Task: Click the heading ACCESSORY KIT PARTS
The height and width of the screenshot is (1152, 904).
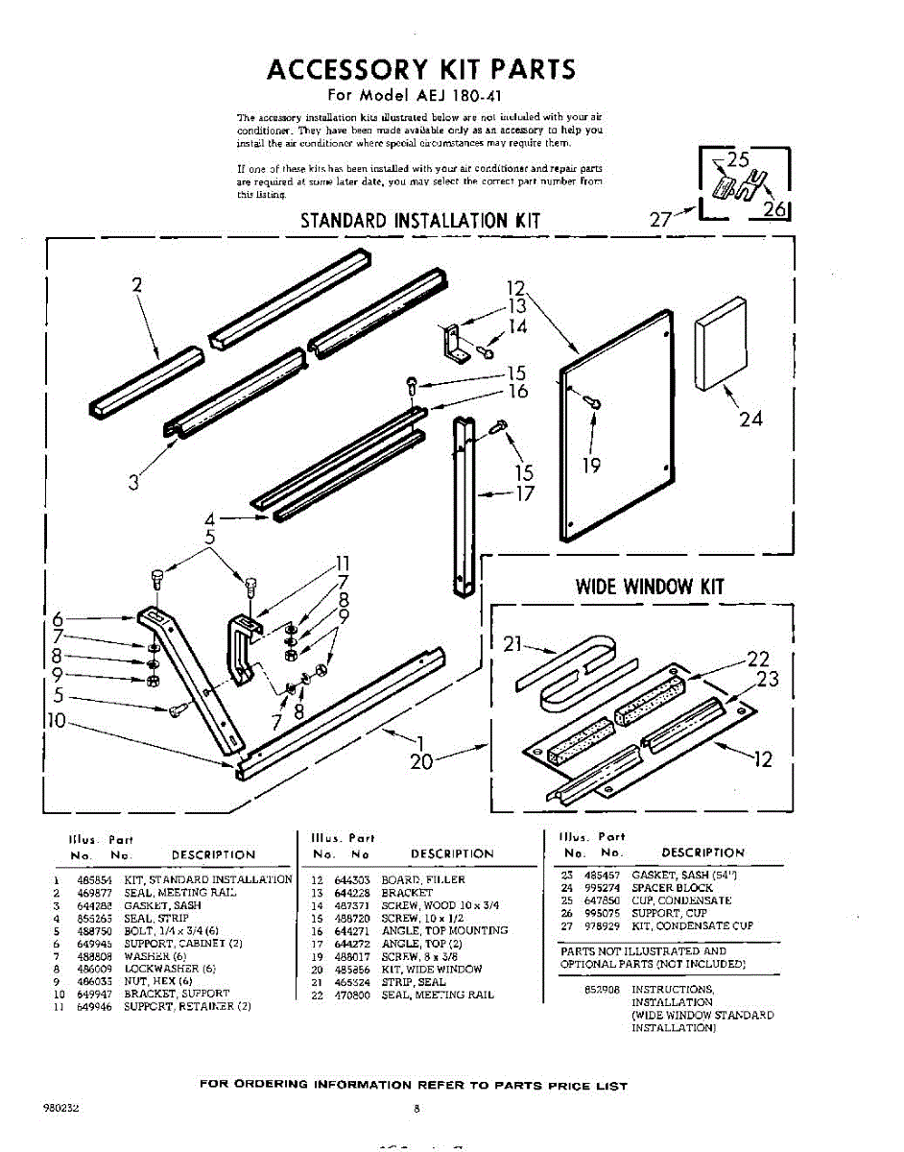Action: tap(421, 69)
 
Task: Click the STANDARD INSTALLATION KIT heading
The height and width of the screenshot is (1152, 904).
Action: tap(420, 221)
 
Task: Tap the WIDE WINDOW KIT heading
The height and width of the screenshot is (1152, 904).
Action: tap(650, 586)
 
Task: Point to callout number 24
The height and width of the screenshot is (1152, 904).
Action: tap(750, 419)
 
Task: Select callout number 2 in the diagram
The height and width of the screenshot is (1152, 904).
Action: tap(137, 284)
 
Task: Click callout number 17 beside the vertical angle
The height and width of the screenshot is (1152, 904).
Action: tap(524, 494)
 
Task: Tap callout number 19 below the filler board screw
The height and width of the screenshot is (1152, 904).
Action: tap(591, 466)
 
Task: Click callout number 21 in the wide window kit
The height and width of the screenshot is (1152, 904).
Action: tap(512, 644)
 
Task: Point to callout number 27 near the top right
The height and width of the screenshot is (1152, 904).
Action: tap(660, 219)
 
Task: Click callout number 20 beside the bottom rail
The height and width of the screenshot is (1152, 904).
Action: tap(421, 762)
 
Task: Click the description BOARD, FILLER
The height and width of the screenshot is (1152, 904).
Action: tap(422, 879)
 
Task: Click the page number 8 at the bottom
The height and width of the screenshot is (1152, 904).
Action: tap(417, 1108)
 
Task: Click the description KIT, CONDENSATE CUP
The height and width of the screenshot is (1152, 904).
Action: tap(692, 926)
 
